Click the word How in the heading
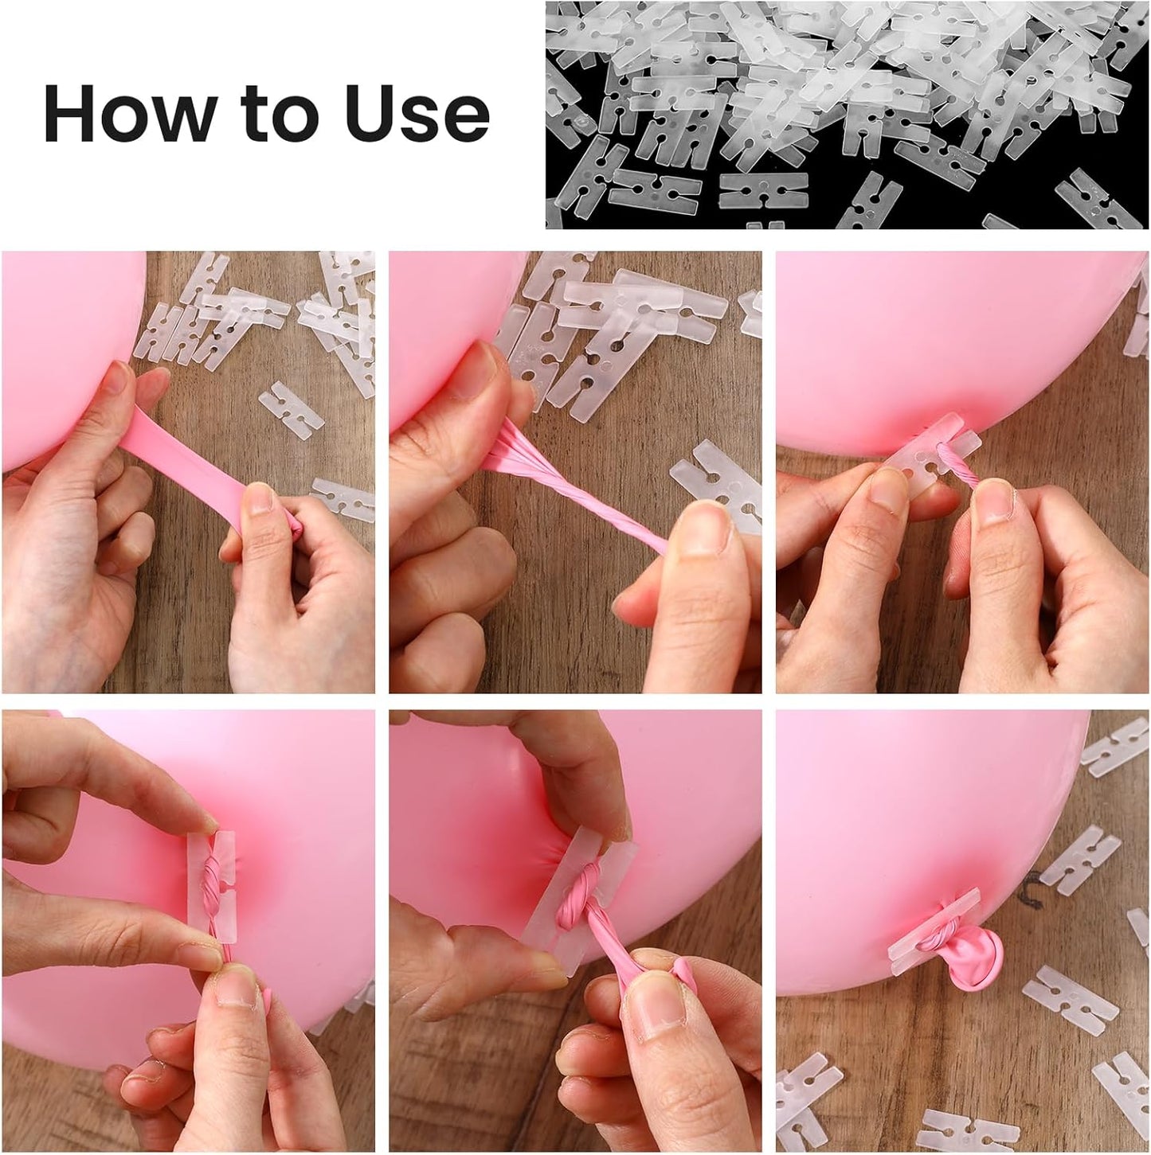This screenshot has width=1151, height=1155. [x=127, y=114]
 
